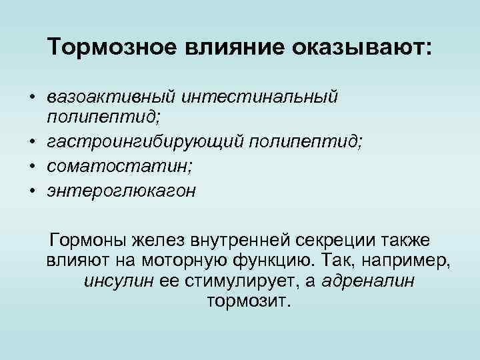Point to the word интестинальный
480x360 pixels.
262,97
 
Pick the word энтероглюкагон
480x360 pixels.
121,191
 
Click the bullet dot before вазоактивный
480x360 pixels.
32,97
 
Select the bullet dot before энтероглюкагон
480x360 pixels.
32,191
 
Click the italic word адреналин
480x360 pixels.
368,281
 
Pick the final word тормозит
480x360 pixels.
249,302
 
